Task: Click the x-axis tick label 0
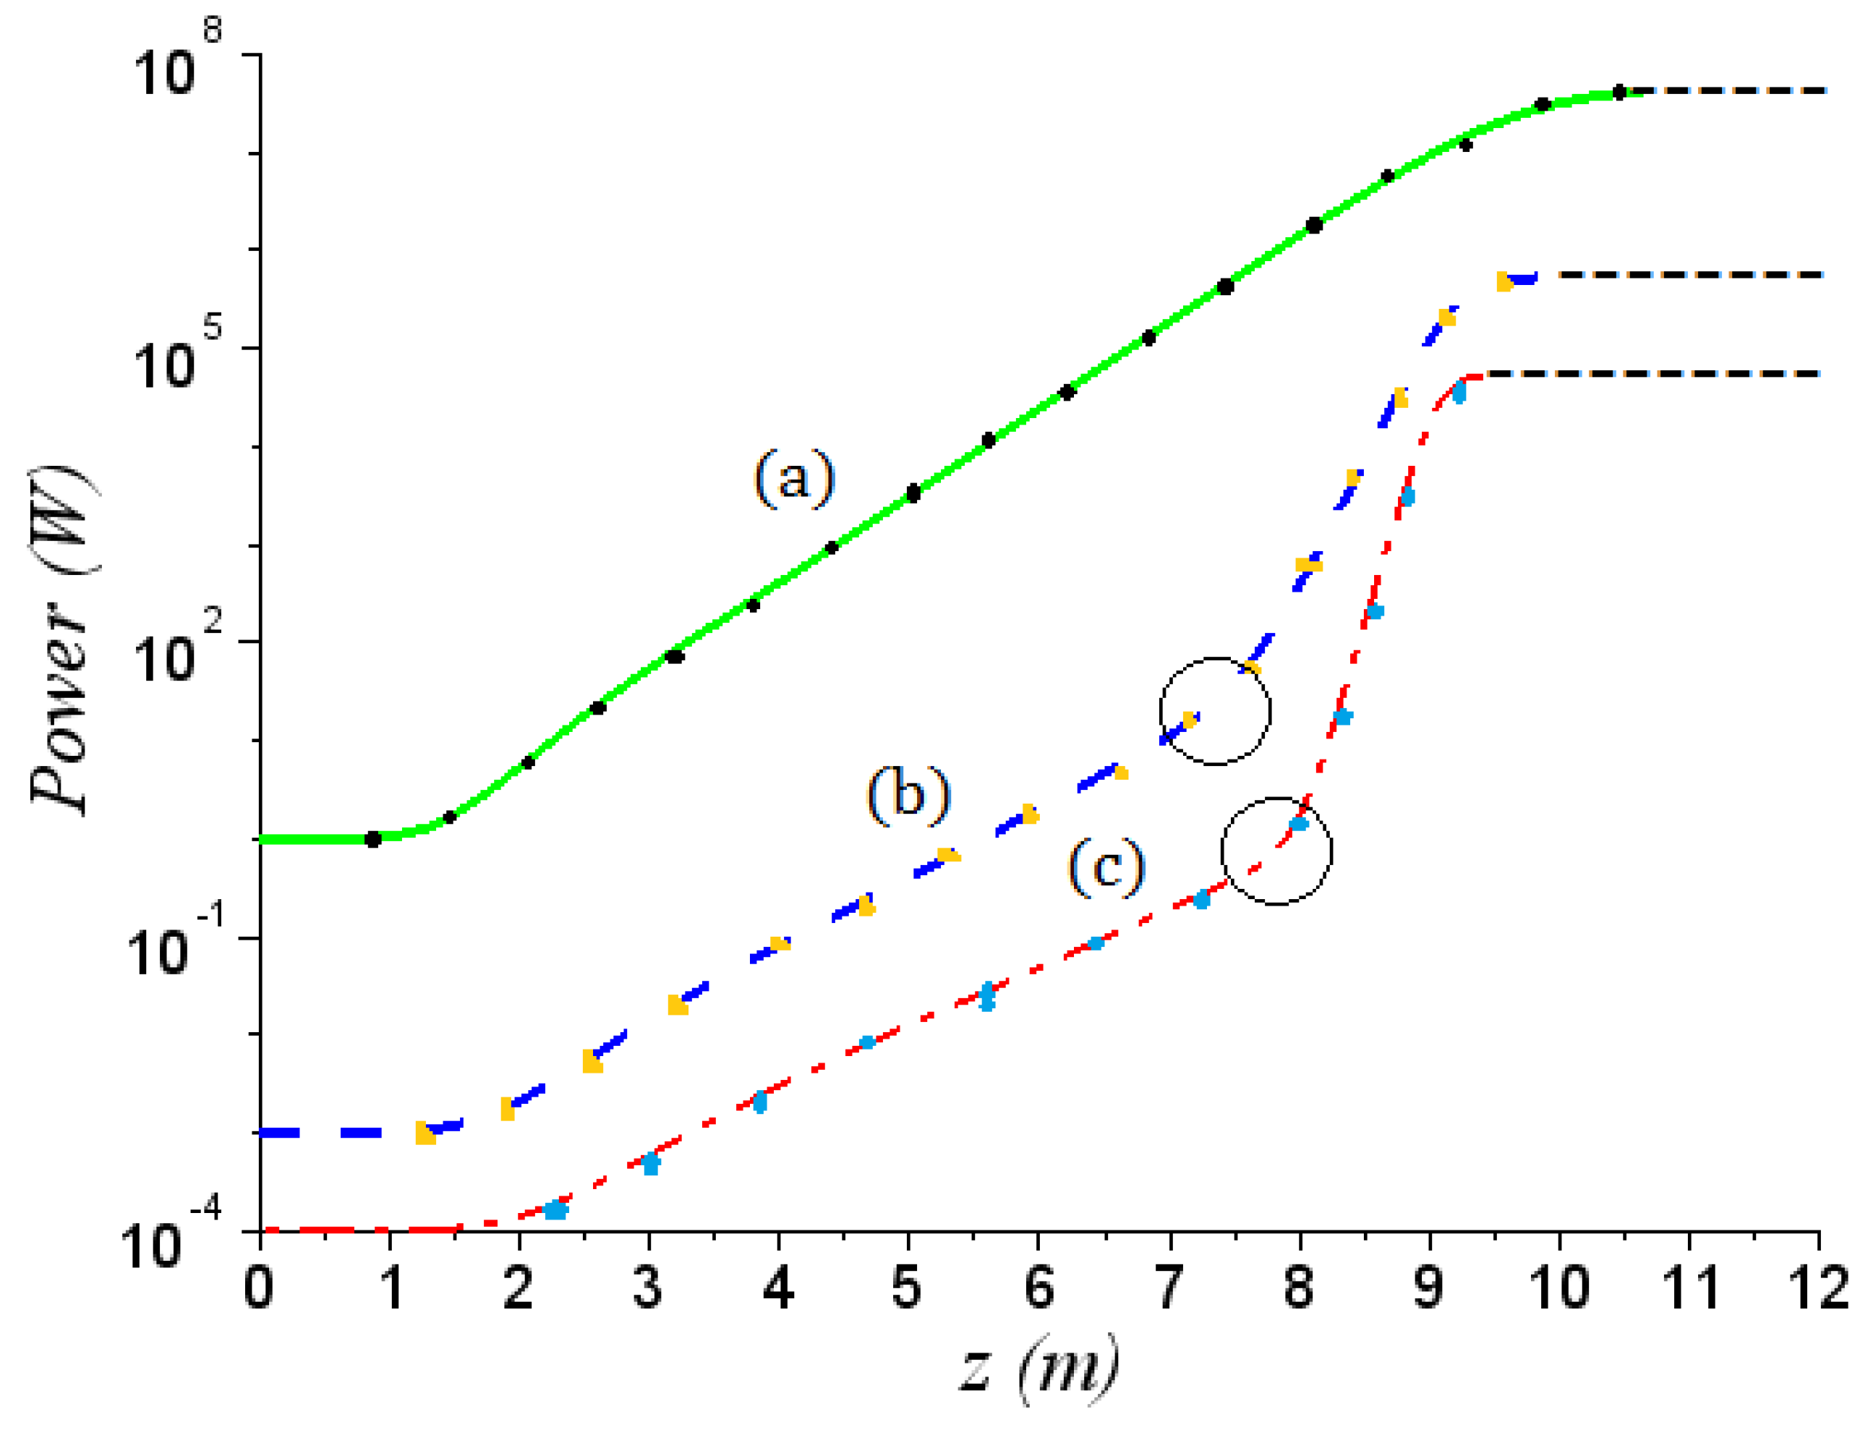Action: click(259, 1288)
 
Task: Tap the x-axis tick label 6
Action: click(1039, 1288)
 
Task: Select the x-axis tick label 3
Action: click(649, 1288)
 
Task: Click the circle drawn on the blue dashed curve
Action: click(1215, 711)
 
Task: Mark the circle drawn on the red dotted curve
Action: click(1276, 851)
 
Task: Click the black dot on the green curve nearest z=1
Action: click(372, 839)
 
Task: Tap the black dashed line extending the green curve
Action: click(1728, 90)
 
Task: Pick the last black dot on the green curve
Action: click(1618, 92)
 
